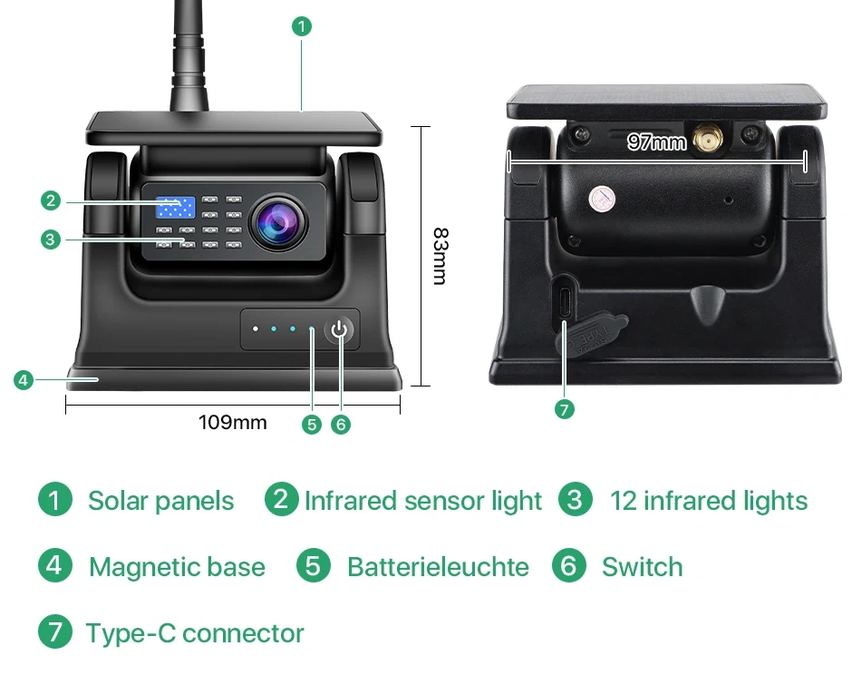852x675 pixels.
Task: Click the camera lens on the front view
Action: pos(279,222)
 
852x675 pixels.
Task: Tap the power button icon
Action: pos(339,329)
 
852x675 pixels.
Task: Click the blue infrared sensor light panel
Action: pos(176,207)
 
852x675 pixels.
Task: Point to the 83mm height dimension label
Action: pos(441,256)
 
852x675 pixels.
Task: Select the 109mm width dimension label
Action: pos(233,422)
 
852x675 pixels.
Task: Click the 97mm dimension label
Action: pos(656,142)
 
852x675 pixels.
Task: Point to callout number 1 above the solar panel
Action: pos(302,26)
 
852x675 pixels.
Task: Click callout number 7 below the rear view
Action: pos(565,409)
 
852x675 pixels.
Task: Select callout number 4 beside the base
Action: pos(24,379)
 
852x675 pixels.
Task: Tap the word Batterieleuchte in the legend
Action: pos(438,567)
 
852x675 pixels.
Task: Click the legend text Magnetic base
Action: pos(177,567)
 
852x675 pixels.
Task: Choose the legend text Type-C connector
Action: pos(195,633)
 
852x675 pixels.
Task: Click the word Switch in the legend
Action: pos(643,567)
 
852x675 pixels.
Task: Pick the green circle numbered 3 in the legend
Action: pos(575,499)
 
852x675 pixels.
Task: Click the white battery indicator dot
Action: pos(256,329)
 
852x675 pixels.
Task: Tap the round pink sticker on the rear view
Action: pos(602,199)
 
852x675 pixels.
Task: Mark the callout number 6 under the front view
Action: pos(341,425)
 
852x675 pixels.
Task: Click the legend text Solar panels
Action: pos(160,501)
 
